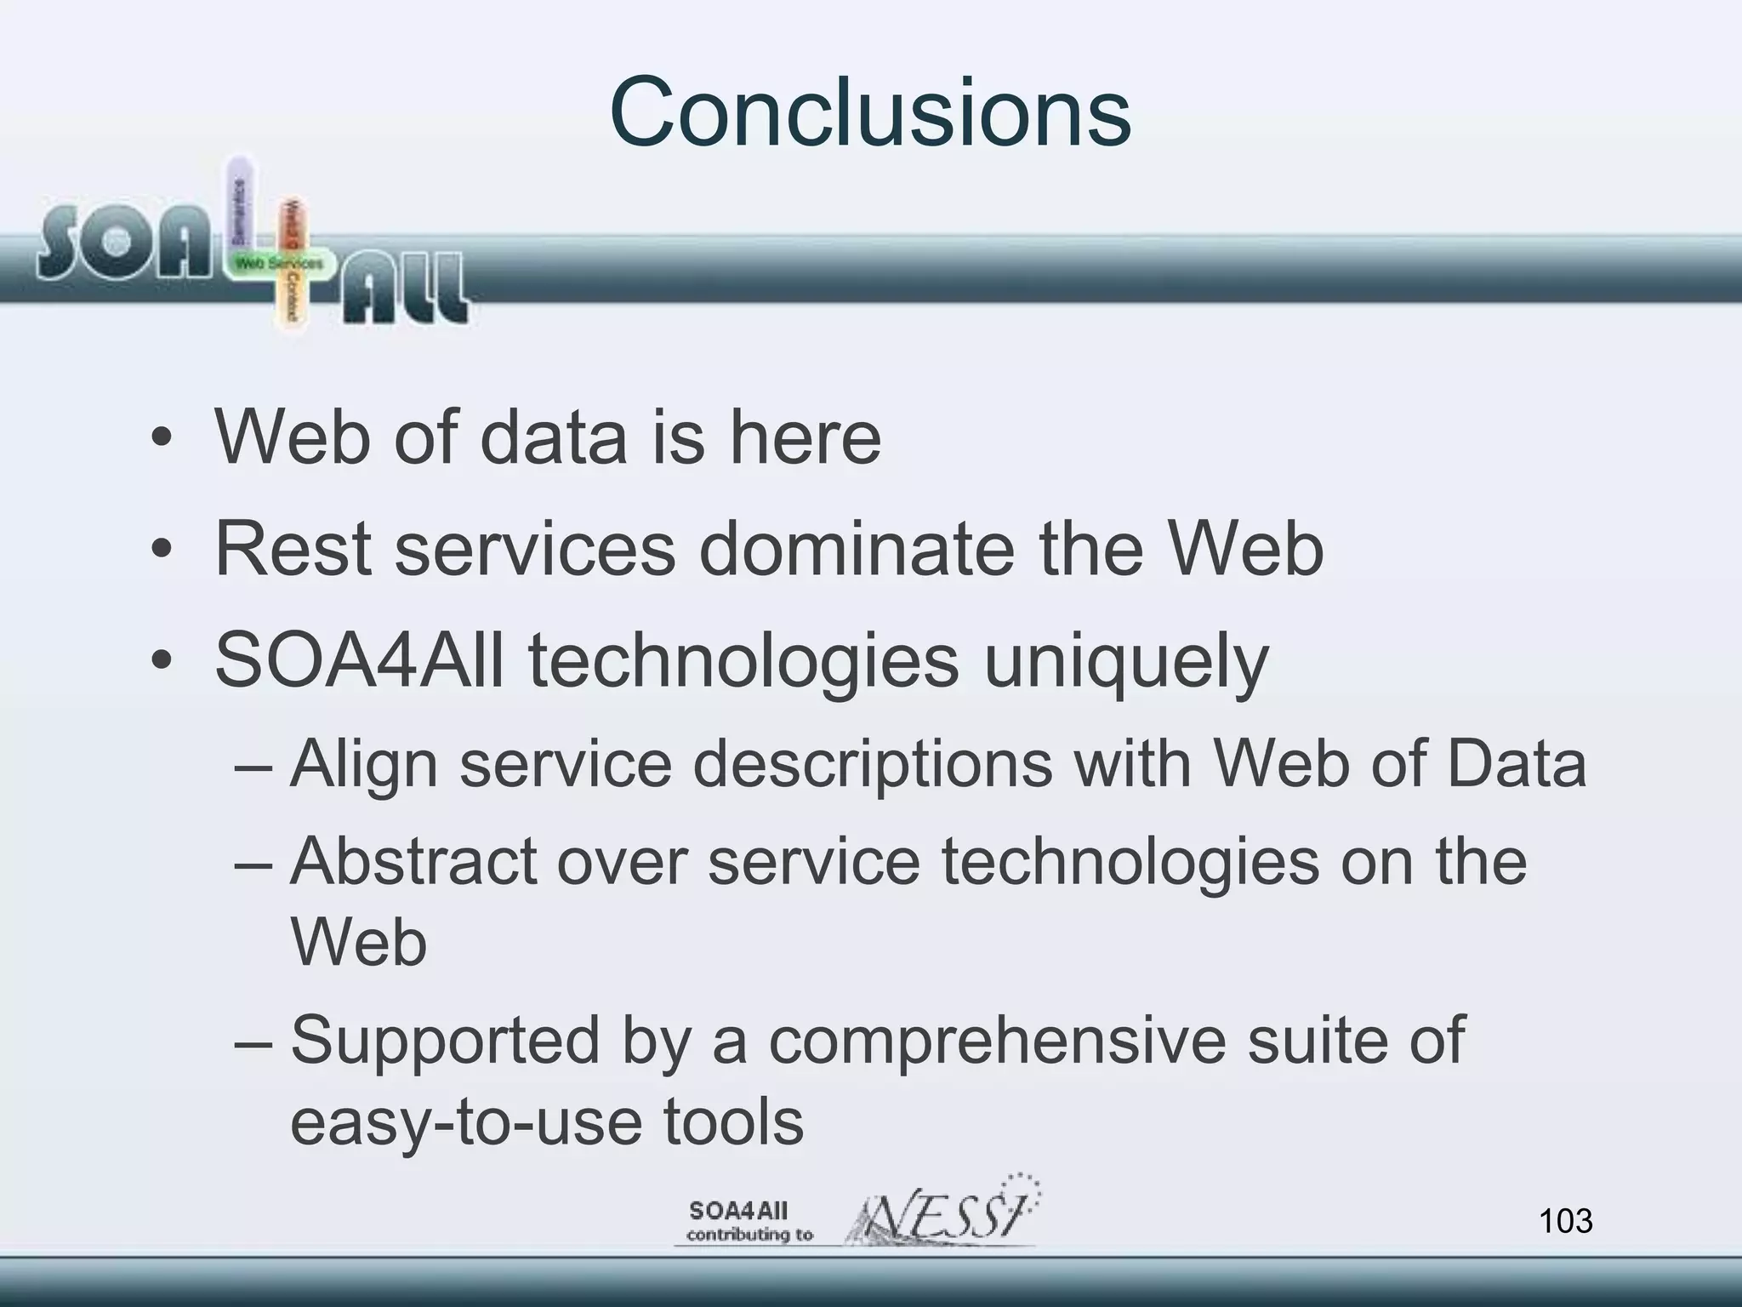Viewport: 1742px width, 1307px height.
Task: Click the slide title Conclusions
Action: click(869, 112)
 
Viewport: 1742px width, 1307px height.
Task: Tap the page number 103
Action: click(1565, 1221)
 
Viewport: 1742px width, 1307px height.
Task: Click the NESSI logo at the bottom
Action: click(944, 1213)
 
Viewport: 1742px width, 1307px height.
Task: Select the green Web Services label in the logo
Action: click(279, 264)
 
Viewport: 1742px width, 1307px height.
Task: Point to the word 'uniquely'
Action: click(1125, 662)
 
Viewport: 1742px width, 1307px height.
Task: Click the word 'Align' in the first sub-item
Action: click(363, 764)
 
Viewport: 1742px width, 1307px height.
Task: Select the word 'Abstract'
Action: click(413, 861)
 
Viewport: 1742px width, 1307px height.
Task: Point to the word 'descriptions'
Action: click(873, 764)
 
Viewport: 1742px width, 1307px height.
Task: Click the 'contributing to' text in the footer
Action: click(749, 1235)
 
